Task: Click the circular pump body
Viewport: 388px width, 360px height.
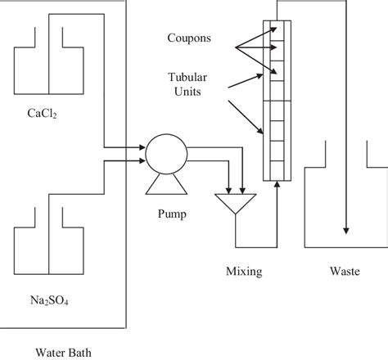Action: coord(161,153)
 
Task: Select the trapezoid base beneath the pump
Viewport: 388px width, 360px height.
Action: coord(161,187)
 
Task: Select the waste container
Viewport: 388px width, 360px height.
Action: coord(344,205)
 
